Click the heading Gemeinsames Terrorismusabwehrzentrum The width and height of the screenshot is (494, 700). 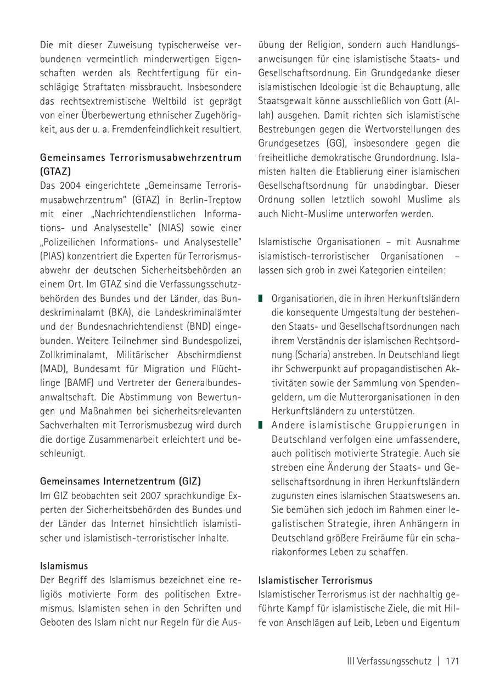[x=141, y=157]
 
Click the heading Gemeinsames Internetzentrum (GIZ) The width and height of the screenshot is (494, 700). [x=120, y=481]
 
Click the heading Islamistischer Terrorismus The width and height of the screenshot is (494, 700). [x=315, y=580]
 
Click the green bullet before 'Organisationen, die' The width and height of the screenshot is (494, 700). [x=261, y=298]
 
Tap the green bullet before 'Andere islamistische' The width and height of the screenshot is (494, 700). [x=261, y=425]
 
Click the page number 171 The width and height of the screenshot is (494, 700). [x=452, y=661]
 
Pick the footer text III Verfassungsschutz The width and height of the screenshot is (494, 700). [x=389, y=661]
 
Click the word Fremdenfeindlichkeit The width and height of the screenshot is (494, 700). [x=161, y=129]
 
